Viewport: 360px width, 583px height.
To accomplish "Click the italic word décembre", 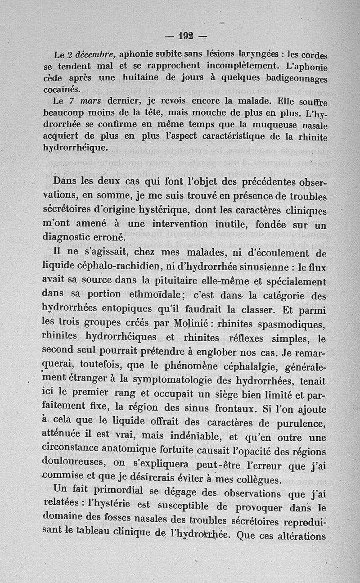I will tap(93, 55).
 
